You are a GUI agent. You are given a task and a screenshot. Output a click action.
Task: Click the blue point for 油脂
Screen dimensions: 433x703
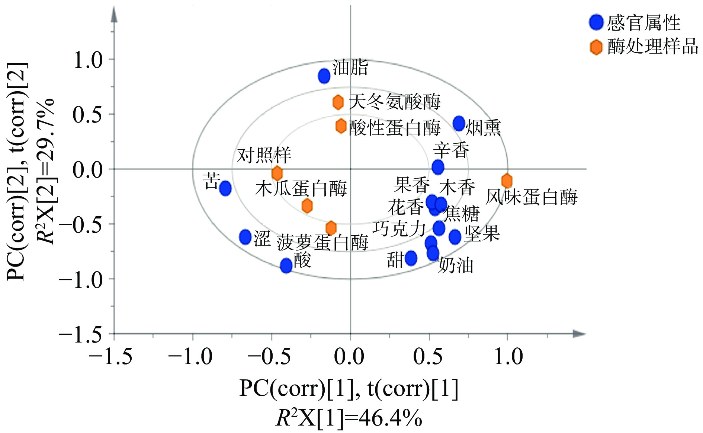[324, 76]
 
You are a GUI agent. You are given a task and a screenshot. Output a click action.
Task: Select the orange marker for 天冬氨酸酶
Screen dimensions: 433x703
[338, 102]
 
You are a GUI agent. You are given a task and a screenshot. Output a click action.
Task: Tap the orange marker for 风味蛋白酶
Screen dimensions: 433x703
[507, 181]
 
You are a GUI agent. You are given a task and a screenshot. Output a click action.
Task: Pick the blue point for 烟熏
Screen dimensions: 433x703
[459, 123]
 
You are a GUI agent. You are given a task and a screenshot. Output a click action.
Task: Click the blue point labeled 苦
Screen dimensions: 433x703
[225, 188]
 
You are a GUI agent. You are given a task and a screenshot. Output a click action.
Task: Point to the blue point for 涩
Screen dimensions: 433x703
[245, 236]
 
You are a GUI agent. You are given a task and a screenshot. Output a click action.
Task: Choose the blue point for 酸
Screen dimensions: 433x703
[286, 265]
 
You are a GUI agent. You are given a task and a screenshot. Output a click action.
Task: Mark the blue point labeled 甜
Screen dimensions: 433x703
[411, 258]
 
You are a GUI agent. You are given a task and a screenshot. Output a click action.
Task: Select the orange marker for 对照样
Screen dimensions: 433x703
[277, 173]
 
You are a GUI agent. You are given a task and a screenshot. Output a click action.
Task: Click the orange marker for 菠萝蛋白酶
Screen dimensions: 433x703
[331, 228]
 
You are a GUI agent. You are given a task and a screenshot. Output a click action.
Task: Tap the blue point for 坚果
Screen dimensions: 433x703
[455, 236]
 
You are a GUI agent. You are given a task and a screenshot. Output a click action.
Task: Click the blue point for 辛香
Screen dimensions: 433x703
[438, 167]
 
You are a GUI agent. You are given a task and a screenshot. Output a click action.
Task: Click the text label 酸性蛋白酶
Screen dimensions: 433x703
[394, 128]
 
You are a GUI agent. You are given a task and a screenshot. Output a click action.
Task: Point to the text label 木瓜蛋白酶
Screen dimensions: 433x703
[301, 188]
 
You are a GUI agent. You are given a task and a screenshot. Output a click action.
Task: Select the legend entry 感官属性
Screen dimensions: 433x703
[643, 23]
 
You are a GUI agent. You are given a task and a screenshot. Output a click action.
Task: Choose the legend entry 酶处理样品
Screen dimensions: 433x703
[653, 47]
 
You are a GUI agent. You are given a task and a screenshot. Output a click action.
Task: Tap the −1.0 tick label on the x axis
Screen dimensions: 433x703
[190, 357]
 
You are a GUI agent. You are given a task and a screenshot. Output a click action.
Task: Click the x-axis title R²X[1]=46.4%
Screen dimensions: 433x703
[349, 418]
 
